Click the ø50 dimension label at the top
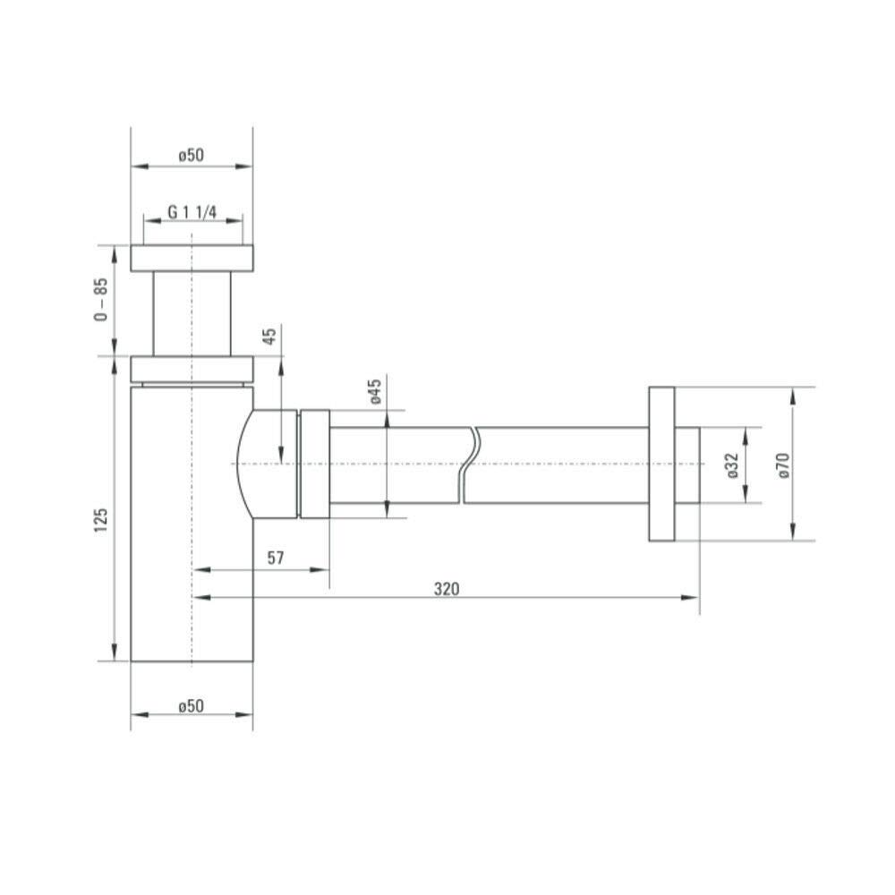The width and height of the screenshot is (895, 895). click(x=191, y=155)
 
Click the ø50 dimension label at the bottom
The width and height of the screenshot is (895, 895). click(x=191, y=706)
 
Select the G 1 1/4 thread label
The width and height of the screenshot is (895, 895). click(x=192, y=212)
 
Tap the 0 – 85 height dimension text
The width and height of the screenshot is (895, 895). click(x=100, y=299)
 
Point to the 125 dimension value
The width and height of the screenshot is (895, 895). click(x=100, y=521)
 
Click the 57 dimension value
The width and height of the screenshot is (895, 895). click(x=276, y=558)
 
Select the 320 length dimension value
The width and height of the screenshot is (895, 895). click(x=447, y=589)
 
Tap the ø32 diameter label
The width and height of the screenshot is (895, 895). click(x=733, y=465)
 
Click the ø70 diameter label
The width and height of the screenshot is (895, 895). click(x=783, y=465)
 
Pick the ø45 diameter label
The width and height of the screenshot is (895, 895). click(x=376, y=392)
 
